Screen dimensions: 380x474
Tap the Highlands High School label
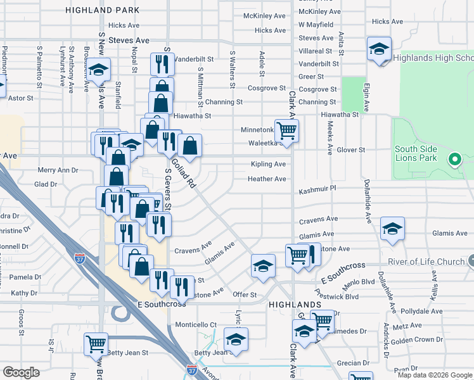[433, 58]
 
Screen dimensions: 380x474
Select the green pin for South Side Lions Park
[454, 160]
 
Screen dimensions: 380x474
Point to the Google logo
[21, 372]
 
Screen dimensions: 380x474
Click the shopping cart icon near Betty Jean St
[96, 344]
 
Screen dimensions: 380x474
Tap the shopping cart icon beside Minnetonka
[287, 130]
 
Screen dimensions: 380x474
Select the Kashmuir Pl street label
[317, 189]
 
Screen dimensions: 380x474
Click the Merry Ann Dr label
[58, 170]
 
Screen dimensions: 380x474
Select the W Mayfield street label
[316, 25]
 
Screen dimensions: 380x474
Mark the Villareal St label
[315, 51]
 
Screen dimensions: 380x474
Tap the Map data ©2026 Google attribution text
[434, 375]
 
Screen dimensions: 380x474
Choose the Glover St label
[351, 150]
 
